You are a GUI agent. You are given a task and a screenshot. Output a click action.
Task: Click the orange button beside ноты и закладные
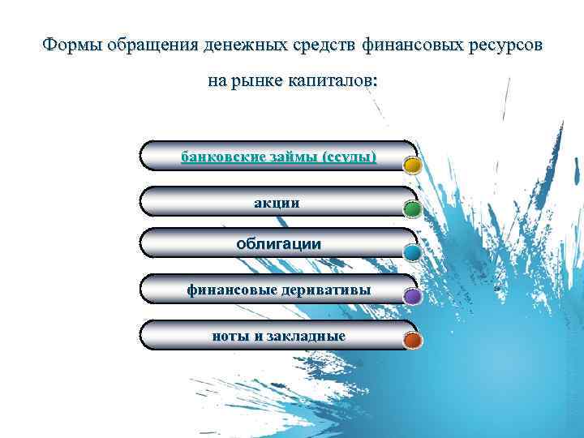click(412, 341)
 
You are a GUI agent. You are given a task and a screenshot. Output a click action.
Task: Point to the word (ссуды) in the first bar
click(348, 156)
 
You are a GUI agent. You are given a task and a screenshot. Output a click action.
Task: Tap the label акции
click(277, 202)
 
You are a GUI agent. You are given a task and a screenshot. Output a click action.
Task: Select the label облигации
click(277, 243)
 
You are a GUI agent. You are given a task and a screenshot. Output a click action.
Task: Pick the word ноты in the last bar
click(229, 336)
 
